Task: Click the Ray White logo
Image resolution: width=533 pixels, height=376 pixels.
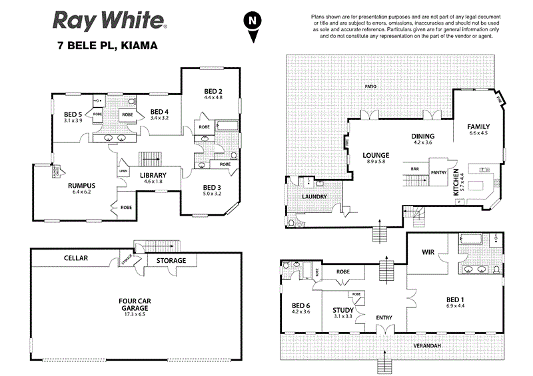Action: pyautogui.click(x=111, y=22)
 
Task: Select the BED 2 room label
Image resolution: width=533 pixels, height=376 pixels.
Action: pyautogui.click(x=213, y=91)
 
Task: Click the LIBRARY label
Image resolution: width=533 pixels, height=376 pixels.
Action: pyautogui.click(x=153, y=176)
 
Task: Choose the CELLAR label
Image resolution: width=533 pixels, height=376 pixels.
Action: pyautogui.click(x=76, y=257)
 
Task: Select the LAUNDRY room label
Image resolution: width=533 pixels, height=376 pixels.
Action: pyautogui.click(x=313, y=197)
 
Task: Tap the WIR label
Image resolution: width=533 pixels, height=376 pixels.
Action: pyautogui.click(x=428, y=252)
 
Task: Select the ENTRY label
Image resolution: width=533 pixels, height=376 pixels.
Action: pyautogui.click(x=384, y=317)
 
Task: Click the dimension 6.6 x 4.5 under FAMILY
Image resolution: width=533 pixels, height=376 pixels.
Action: pyautogui.click(x=478, y=133)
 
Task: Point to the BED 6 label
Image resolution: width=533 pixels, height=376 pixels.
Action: pyautogui.click(x=300, y=305)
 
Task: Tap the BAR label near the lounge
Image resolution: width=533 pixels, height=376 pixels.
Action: pyautogui.click(x=414, y=168)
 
